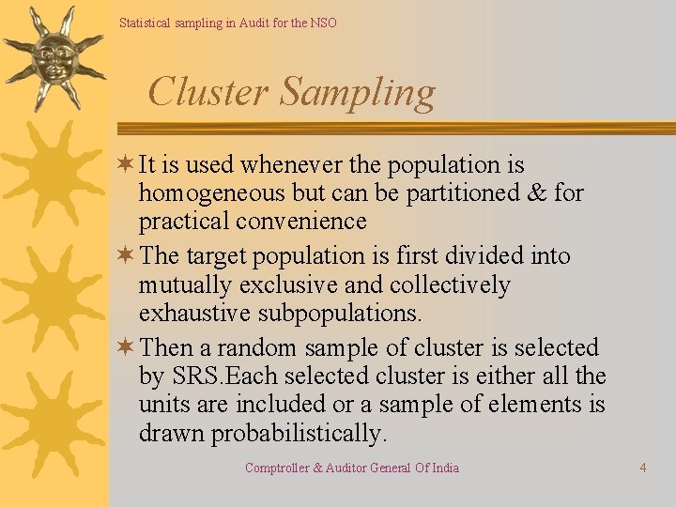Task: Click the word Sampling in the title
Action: click(x=358, y=93)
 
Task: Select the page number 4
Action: click(x=643, y=468)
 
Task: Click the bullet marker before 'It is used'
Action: click(x=125, y=165)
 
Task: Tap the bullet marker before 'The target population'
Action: click(x=125, y=256)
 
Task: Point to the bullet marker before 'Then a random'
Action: click(x=125, y=348)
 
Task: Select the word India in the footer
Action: click(x=443, y=468)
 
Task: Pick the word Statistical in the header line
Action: click(x=146, y=23)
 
